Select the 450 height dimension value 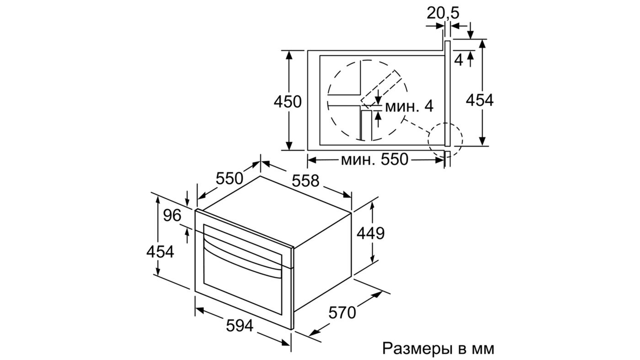click(288, 101)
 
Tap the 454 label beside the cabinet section click(480, 100)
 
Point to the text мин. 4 click(409, 106)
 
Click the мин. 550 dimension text click(373, 159)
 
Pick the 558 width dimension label click(306, 181)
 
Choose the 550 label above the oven click(229, 177)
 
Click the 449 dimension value click(370, 233)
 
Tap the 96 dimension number click(172, 216)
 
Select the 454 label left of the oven click(160, 251)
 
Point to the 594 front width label click(239, 326)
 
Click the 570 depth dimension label click(342, 313)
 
